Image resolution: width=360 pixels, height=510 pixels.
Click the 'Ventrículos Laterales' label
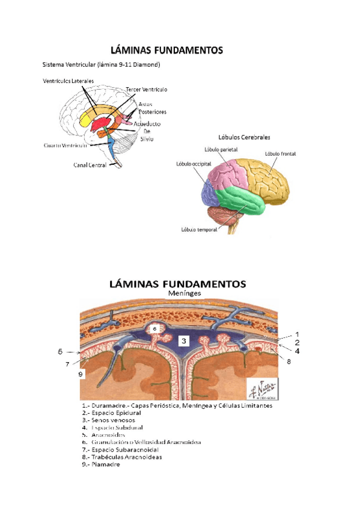coord(68,81)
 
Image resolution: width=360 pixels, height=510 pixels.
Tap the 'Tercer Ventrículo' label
coord(147,90)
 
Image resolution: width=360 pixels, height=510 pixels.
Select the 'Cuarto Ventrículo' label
coord(66,145)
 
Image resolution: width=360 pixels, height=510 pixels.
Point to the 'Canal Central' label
coord(90,165)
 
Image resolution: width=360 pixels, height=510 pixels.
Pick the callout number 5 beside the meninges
coord(60,351)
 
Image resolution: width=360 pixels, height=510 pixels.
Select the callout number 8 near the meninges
coord(288,361)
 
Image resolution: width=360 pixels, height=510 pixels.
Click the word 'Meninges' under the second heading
coord(182,293)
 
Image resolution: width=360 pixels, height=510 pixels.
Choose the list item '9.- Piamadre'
coord(102,464)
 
